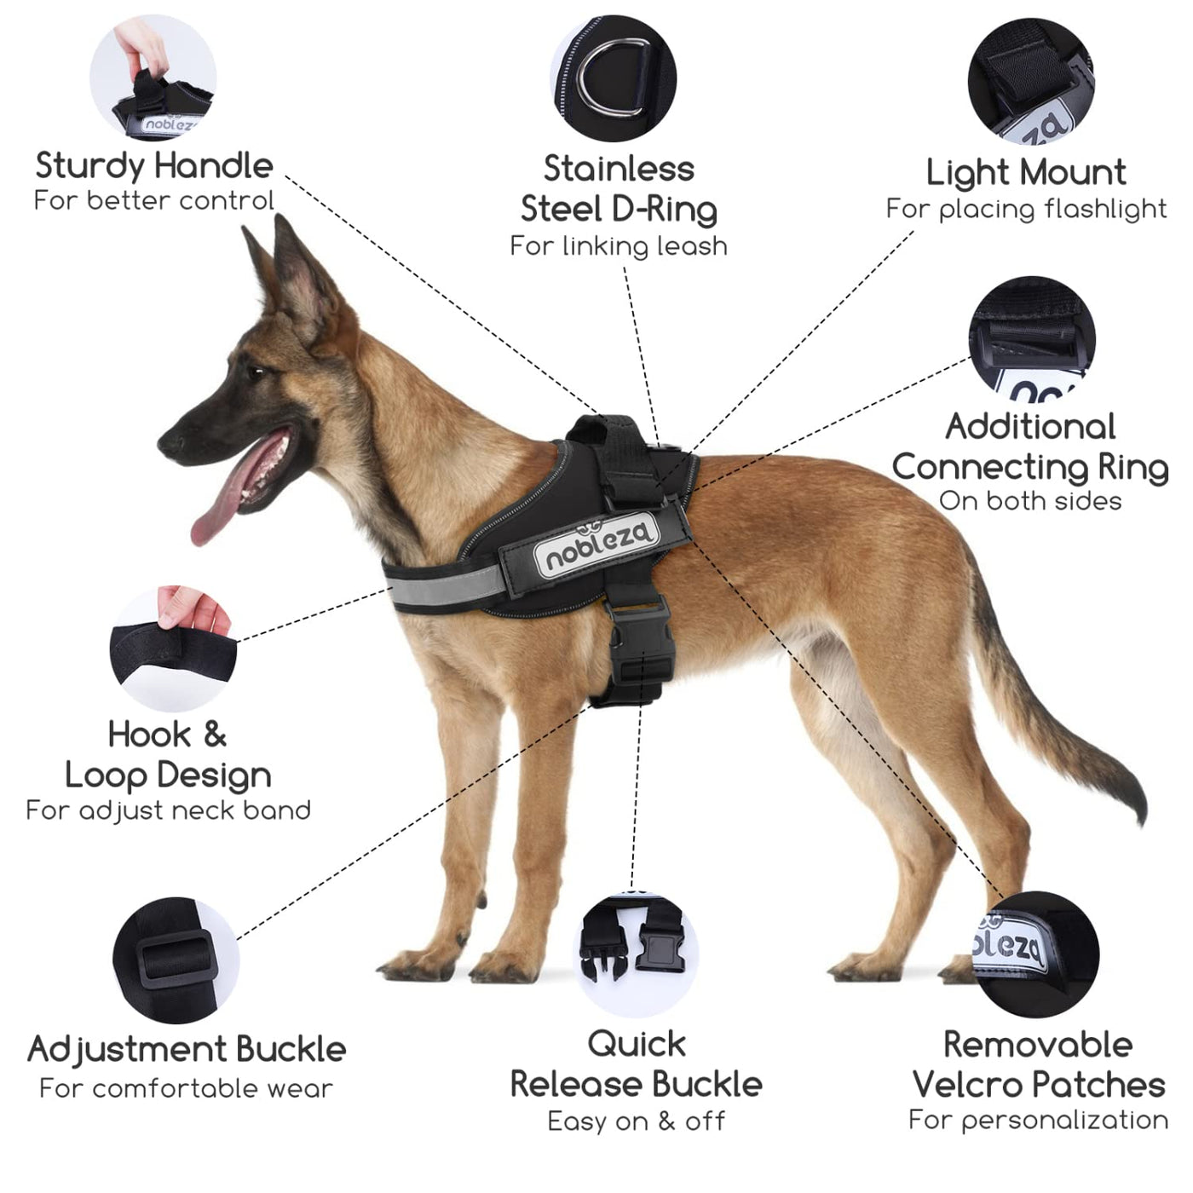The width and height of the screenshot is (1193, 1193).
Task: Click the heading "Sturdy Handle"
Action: click(154, 166)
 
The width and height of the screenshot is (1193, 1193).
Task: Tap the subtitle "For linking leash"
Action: click(619, 245)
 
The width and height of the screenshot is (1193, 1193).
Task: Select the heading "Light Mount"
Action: click(1026, 172)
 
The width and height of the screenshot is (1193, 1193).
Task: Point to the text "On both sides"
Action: click(1030, 501)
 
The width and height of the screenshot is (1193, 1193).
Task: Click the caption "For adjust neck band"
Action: click(168, 810)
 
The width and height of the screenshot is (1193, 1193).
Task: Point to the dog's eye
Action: click(256, 372)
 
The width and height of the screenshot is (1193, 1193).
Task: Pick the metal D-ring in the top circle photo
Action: click(614, 78)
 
